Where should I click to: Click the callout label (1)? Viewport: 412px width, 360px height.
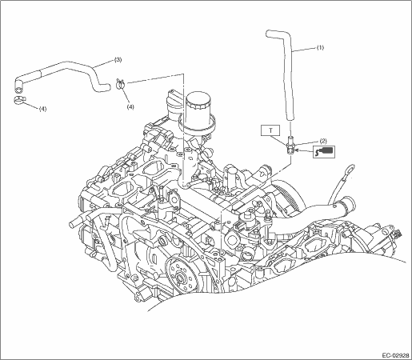pyautogui.click(x=320, y=48)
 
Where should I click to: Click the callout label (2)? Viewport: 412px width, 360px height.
pyautogui.click(x=323, y=141)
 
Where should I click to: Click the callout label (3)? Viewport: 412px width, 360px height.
pyautogui.click(x=118, y=60)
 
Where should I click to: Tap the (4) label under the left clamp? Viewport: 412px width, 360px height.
pyautogui.click(x=42, y=109)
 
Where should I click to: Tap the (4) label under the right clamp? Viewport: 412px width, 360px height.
pyautogui.click(x=130, y=106)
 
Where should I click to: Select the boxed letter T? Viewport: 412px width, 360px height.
pyautogui.click(x=270, y=130)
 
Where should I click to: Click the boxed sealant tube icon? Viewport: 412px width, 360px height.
pyautogui.click(x=324, y=151)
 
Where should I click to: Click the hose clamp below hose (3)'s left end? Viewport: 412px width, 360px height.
pyautogui.click(x=19, y=99)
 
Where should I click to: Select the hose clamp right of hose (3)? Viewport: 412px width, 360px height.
pyautogui.click(x=121, y=84)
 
